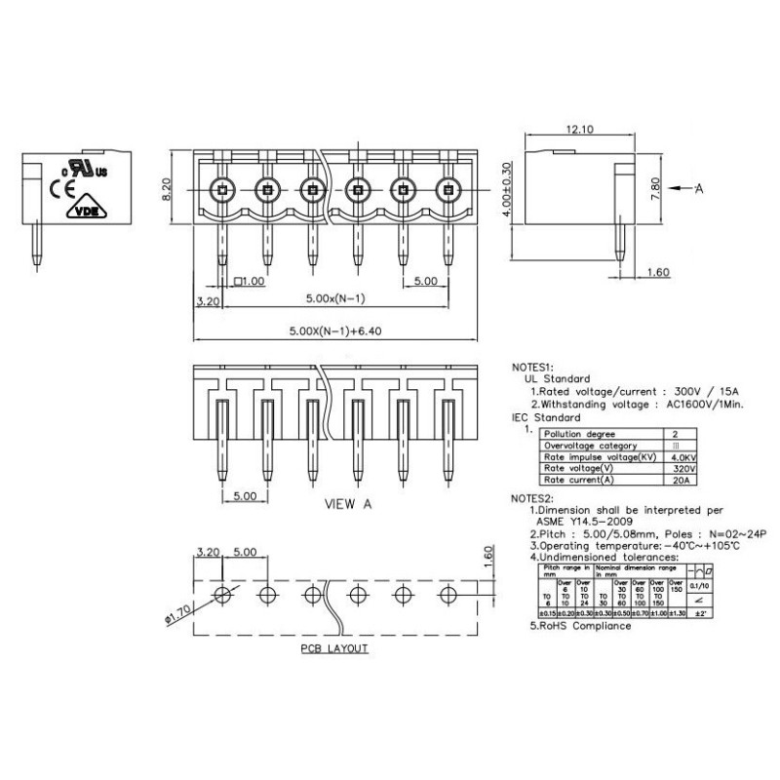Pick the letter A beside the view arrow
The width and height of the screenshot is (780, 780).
click(699, 190)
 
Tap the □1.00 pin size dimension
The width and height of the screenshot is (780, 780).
click(249, 282)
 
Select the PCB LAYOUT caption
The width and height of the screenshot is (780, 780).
click(333, 648)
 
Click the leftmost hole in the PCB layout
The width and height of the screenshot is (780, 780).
click(222, 594)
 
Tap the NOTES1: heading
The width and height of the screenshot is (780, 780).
click(538, 368)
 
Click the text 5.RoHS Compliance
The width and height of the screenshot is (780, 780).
click(580, 625)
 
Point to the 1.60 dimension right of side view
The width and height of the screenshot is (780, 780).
click(659, 274)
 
